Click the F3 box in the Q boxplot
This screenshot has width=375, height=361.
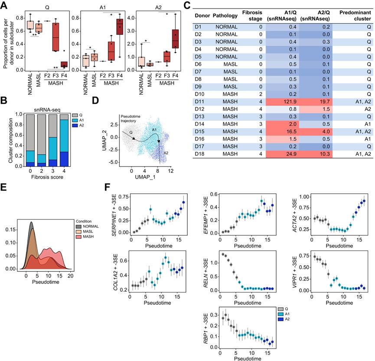(x=55, y=37)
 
